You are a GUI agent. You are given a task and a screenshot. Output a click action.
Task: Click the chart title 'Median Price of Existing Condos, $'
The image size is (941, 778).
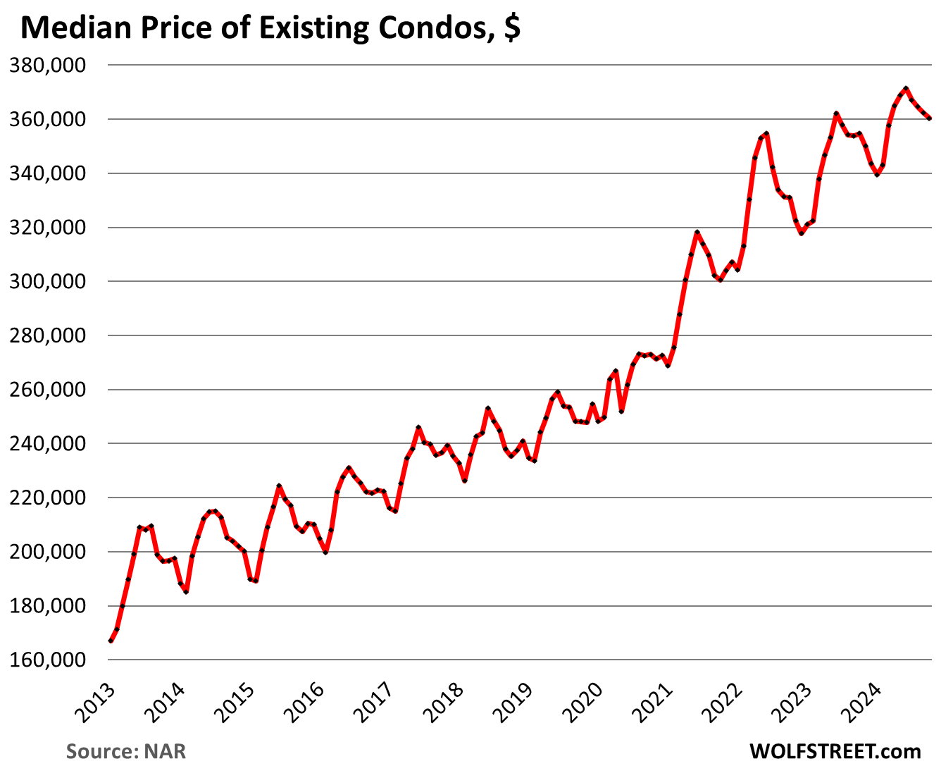coord(271,28)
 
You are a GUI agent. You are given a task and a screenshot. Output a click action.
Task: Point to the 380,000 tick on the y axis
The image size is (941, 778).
coord(46,66)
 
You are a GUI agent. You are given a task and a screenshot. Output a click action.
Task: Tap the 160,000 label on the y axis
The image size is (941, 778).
coord(46,660)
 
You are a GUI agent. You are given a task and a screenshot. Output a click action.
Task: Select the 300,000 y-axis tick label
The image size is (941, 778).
coord(46,282)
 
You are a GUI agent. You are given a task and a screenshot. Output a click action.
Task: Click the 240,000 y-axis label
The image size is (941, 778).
coord(46,444)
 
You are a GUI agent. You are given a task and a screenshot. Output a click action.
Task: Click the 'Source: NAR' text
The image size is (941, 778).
coord(126,751)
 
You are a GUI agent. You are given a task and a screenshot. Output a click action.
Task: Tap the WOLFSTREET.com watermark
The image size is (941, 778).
coord(835,751)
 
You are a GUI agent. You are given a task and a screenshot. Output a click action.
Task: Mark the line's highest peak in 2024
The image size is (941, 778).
coord(906,89)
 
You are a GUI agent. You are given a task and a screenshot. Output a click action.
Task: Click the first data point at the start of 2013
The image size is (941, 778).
coord(111,641)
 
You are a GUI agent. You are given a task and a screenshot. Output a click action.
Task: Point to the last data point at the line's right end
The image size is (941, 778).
coord(930,118)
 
